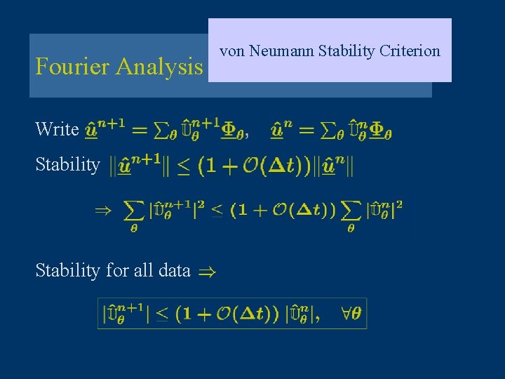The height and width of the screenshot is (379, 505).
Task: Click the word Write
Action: (57, 129)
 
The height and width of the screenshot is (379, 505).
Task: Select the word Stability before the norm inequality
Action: (67, 165)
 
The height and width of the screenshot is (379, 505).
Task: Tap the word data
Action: (175, 270)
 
